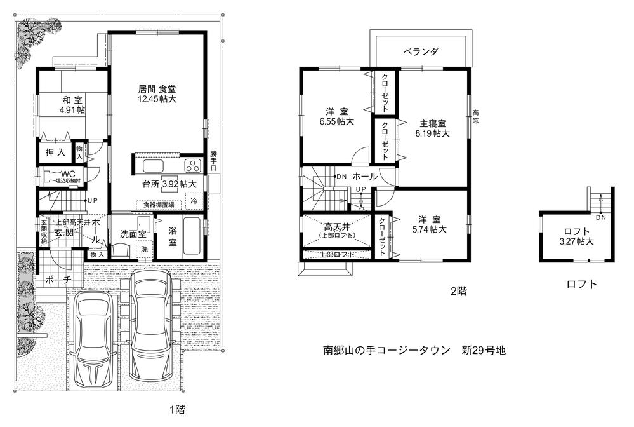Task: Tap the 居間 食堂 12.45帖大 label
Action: (158, 94)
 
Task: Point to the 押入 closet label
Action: (55, 152)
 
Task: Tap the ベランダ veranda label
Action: (421, 51)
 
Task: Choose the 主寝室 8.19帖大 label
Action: (432, 128)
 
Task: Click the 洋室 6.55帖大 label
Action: (335, 116)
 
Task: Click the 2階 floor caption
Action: (458, 292)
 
